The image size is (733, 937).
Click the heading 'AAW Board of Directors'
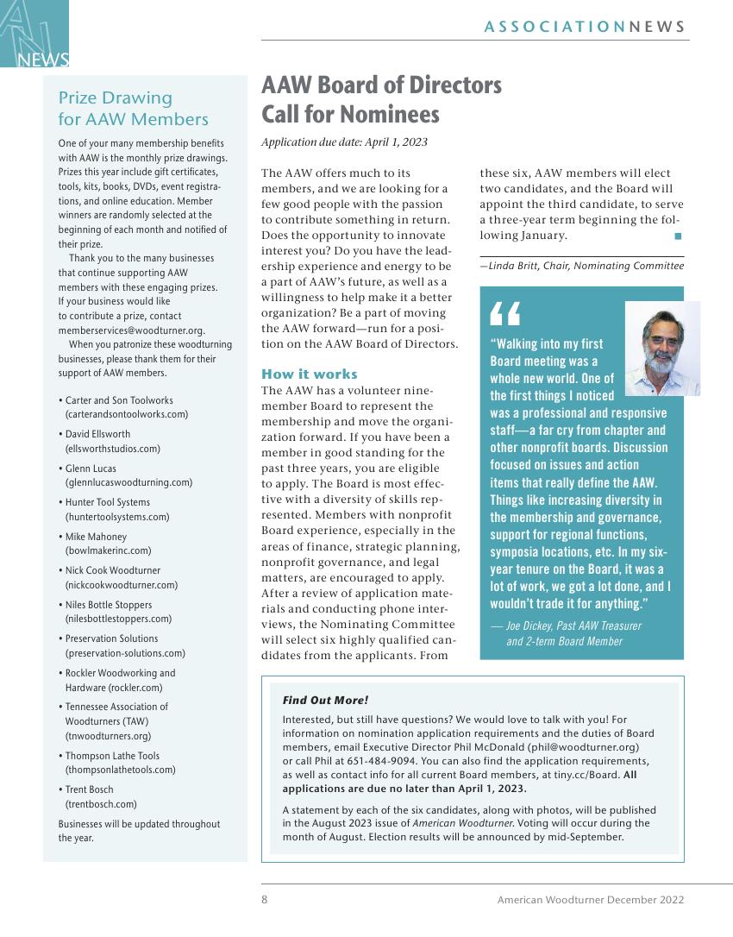click(x=381, y=85)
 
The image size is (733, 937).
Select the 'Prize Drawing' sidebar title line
click(x=115, y=97)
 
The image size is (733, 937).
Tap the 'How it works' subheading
click(x=309, y=374)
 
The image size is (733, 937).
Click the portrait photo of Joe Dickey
click(x=661, y=348)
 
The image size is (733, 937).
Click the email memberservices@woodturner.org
click(x=131, y=330)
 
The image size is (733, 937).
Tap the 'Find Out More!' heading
click(x=325, y=701)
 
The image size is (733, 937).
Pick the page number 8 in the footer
click(x=265, y=899)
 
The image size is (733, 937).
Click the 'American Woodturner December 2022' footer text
click(x=590, y=899)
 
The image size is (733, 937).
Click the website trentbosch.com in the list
click(x=101, y=803)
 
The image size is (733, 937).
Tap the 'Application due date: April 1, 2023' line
click(x=344, y=142)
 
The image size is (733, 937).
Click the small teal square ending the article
click(x=678, y=236)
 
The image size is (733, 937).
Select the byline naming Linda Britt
click(x=581, y=266)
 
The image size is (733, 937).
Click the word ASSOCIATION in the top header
click(x=554, y=27)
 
